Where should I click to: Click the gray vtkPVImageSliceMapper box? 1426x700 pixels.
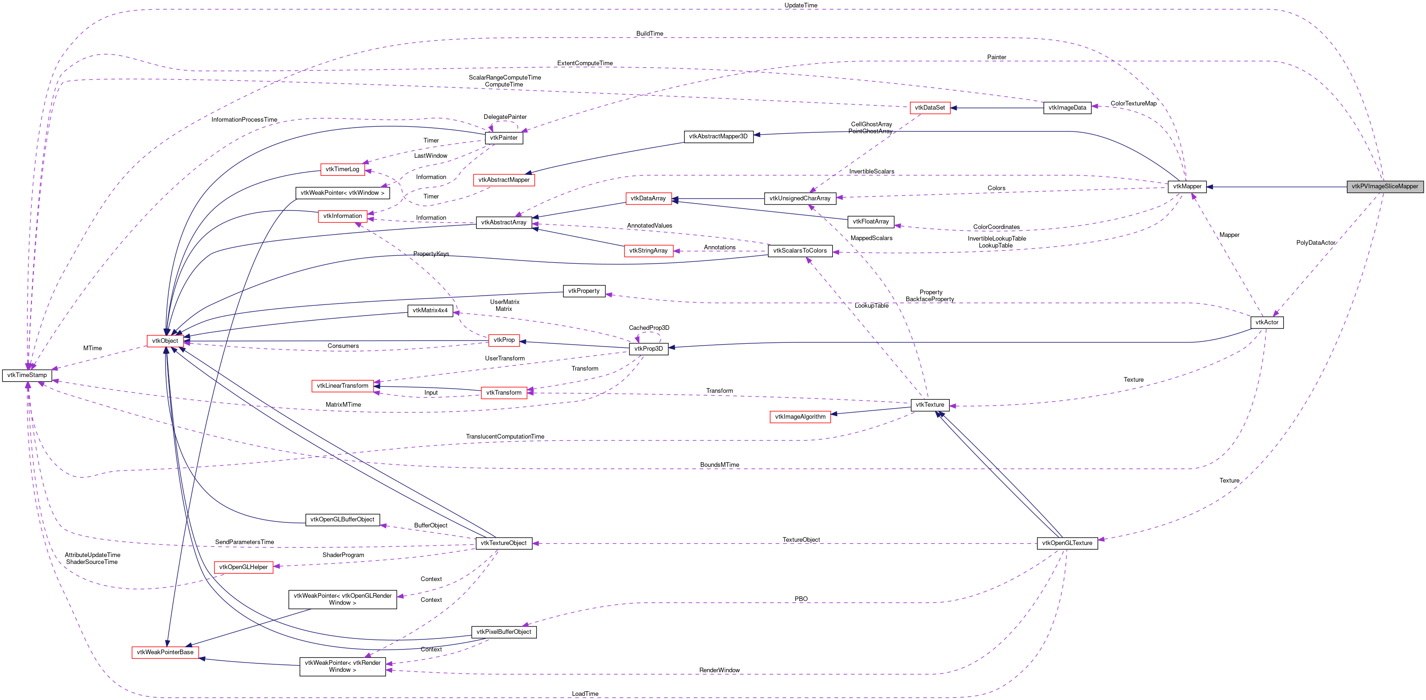tap(1384, 186)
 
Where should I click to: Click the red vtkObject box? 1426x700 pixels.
tap(165, 341)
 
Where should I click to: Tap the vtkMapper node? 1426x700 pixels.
tap(1187, 186)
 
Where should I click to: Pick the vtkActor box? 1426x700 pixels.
tap(1267, 322)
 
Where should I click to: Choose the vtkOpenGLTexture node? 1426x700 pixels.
tap(1067, 543)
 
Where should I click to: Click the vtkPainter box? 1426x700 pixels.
tap(504, 138)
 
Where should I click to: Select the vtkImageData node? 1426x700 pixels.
tap(1067, 108)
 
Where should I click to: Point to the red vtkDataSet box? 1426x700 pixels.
tap(929, 108)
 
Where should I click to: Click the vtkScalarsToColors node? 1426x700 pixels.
tap(799, 251)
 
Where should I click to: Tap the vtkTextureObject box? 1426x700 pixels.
tap(503, 543)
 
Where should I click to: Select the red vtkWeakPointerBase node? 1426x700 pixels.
tap(165, 652)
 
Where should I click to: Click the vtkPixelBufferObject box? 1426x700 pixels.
tap(503, 632)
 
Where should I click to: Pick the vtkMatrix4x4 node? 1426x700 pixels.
tap(430, 310)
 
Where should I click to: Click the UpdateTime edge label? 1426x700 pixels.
tap(800, 6)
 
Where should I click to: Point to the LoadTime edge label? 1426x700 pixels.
tap(585, 694)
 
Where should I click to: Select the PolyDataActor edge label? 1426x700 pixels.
tap(1315, 243)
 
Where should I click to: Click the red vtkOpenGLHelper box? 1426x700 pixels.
tap(243, 567)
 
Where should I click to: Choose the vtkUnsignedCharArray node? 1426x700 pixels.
tap(799, 198)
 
